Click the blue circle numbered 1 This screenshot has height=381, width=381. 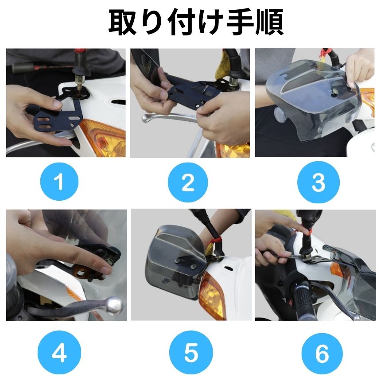tap(59, 182)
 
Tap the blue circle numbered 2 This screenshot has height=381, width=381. tap(188, 183)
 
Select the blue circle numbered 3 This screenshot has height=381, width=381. tap(318, 182)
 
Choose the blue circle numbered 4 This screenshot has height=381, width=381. tap(59, 352)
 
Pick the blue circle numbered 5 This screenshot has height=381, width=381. tap(191, 352)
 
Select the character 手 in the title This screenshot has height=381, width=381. tap(240, 22)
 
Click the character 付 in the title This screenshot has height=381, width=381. tap(182, 22)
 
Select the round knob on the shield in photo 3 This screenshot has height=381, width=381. tap(280, 114)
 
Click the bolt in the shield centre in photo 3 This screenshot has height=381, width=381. tap(335, 92)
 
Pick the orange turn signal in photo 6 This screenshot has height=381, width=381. tap(337, 270)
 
